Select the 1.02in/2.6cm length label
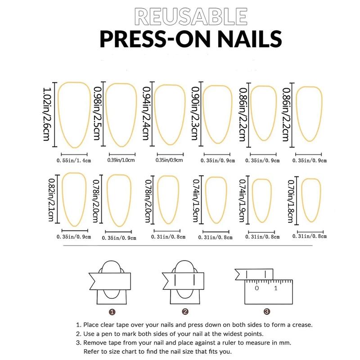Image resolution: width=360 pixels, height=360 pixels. [x=46, y=114]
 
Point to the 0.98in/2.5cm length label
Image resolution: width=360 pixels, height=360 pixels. [x=97, y=114]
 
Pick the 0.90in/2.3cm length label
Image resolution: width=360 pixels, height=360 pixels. [x=195, y=114]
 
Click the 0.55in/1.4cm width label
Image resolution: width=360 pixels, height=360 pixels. [x=74, y=160]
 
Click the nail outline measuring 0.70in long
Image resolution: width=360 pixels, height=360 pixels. [x=310, y=200]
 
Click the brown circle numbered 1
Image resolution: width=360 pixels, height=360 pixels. [x=112, y=311]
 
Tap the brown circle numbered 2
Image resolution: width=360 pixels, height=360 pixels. [x=185, y=311]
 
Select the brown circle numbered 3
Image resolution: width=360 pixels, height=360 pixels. [x=266, y=311]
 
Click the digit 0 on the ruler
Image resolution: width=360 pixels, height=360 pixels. [x=256, y=288]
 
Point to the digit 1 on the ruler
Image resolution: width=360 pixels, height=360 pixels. [x=276, y=288]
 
